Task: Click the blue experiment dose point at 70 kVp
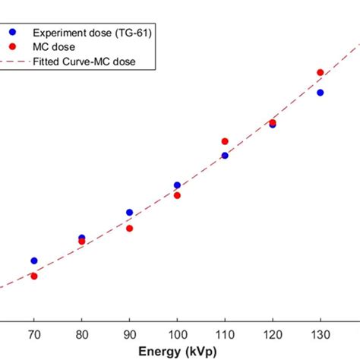click(x=33, y=261)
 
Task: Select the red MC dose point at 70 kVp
click(x=33, y=276)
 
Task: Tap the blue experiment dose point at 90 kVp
click(x=129, y=213)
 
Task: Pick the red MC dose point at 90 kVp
click(x=129, y=228)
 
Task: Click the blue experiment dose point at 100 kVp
click(x=177, y=185)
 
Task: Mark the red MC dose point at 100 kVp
click(x=177, y=195)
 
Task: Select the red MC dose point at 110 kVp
click(x=225, y=141)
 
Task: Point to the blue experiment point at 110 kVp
click(x=225, y=155)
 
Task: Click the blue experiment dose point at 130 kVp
click(x=321, y=93)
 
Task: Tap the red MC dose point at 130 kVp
click(x=321, y=72)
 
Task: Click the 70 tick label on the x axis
click(x=33, y=334)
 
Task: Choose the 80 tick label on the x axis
click(x=81, y=334)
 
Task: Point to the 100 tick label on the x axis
click(x=177, y=334)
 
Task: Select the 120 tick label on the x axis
click(x=273, y=334)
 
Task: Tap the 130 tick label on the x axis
click(x=321, y=334)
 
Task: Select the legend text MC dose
click(x=54, y=46)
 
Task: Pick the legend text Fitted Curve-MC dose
click(x=84, y=61)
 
